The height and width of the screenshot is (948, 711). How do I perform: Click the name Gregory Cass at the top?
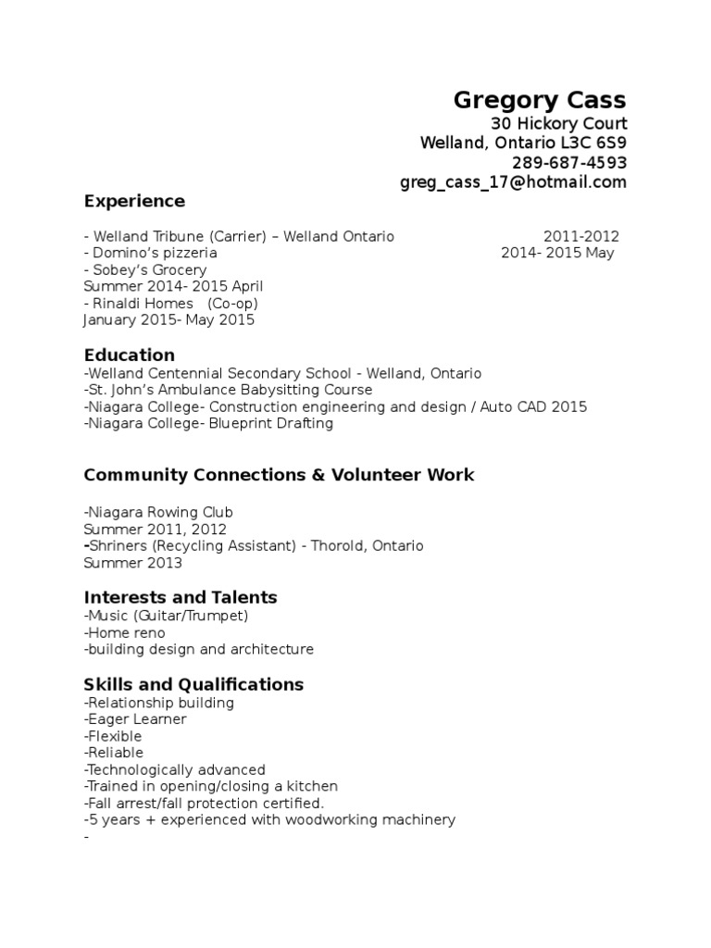tap(539, 100)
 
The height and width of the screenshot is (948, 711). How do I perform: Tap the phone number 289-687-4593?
tap(569, 162)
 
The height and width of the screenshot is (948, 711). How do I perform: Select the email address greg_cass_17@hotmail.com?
tap(513, 181)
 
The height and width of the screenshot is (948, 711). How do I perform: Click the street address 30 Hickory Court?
tap(558, 124)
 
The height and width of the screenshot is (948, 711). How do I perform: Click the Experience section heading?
tap(134, 201)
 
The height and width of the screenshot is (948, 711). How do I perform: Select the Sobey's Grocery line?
tap(148, 270)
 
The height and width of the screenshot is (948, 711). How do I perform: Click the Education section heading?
tap(129, 355)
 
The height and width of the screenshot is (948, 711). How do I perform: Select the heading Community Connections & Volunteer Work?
tap(279, 475)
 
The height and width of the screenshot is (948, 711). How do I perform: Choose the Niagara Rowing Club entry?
tap(157, 512)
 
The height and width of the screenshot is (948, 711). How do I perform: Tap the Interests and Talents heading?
tap(181, 597)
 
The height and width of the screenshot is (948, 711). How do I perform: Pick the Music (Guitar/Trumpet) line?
tap(166, 616)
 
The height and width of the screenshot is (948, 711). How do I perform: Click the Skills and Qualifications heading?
tap(193, 685)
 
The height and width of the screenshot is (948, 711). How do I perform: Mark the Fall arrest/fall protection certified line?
tap(204, 803)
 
